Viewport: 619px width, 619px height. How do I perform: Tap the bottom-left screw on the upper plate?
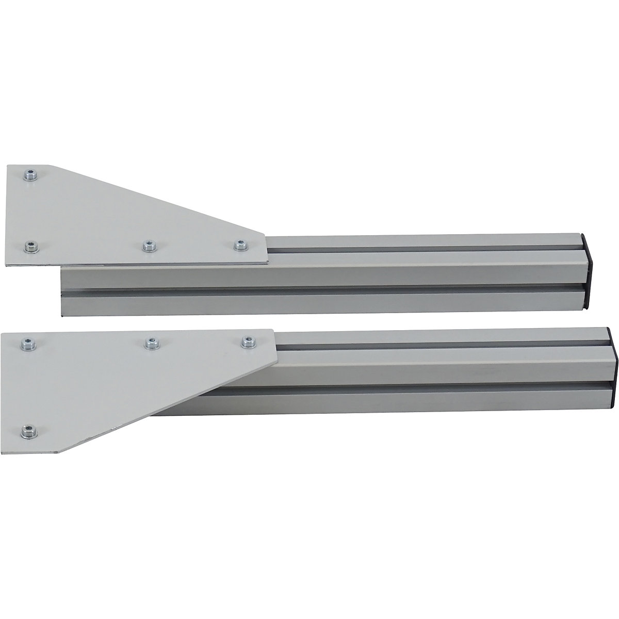tap(32, 247)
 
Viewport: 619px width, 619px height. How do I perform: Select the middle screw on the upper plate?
tap(148, 246)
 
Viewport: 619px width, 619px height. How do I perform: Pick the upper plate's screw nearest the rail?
tap(238, 246)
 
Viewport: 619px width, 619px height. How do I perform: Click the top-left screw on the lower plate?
tap(25, 343)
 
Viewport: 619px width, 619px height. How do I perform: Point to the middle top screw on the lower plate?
tap(150, 342)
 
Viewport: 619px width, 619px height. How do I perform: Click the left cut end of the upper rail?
tap(62, 291)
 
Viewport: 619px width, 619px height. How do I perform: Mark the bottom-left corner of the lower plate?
tap(57, 453)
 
